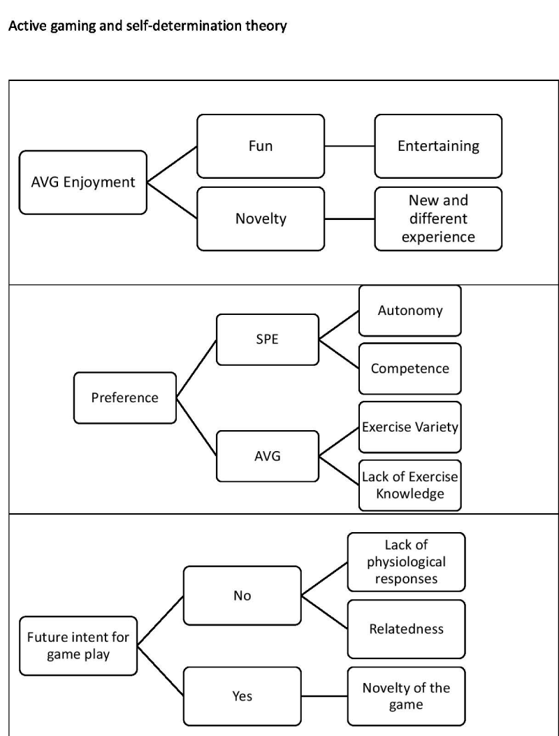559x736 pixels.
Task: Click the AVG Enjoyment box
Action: tap(82, 182)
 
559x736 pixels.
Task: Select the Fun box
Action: tap(261, 146)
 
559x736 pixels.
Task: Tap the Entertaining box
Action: tap(438, 146)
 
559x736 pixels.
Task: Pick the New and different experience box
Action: tap(438, 219)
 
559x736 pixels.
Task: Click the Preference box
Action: tap(125, 398)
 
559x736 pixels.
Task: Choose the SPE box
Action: tap(268, 339)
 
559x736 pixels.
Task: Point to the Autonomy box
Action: tap(410, 311)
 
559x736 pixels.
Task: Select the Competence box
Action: tap(410, 369)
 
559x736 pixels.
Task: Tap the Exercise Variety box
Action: tap(410, 427)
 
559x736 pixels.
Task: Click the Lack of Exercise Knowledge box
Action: tap(410, 485)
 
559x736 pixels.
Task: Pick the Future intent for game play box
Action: tap(78, 646)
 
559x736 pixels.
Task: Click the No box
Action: tap(242, 596)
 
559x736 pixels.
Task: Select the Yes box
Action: tap(242, 696)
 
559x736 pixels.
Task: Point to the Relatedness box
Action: tap(407, 629)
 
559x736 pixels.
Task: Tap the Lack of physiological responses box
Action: tap(407, 562)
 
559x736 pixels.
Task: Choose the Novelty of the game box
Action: tap(407, 696)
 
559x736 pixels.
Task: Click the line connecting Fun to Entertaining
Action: tap(349, 146)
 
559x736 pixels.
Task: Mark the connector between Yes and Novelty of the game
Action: tap(325, 696)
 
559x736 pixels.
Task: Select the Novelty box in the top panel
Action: tap(261, 219)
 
